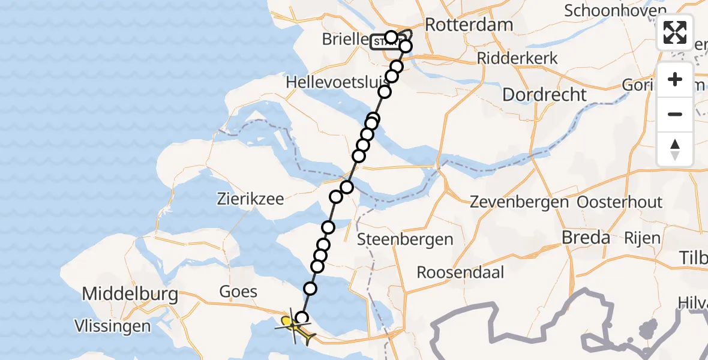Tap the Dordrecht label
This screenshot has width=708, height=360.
(x=544, y=94)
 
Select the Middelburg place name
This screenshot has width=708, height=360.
(x=130, y=294)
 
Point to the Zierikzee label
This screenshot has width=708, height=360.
(x=251, y=199)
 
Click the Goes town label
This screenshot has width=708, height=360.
(x=239, y=292)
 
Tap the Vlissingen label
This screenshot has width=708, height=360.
(x=112, y=326)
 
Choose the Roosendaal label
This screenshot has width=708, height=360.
(x=460, y=272)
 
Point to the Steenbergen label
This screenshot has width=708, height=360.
(x=405, y=240)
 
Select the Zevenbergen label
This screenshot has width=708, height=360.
(x=519, y=202)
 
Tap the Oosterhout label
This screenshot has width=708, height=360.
(x=619, y=202)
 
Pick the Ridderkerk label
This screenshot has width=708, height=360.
(x=517, y=58)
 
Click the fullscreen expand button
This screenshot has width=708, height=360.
(x=675, y=32)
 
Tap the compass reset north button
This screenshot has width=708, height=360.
(x=675, y=149)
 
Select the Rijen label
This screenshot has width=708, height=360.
(x=643, y=238)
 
